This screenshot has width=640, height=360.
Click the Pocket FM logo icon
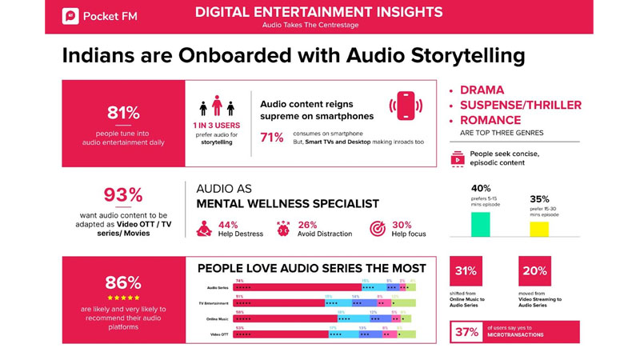(71, 16)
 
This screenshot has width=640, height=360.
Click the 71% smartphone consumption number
(272, 138)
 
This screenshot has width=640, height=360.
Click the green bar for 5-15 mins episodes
(480, 224)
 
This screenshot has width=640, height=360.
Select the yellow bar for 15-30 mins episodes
(539, 230)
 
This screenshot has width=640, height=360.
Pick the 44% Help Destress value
(228, 226)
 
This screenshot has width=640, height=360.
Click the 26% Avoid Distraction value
(307, 226)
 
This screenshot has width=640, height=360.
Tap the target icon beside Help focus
(378, 230)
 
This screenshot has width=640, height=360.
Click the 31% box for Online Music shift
(466, 271)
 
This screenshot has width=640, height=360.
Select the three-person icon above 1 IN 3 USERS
(216, 107)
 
